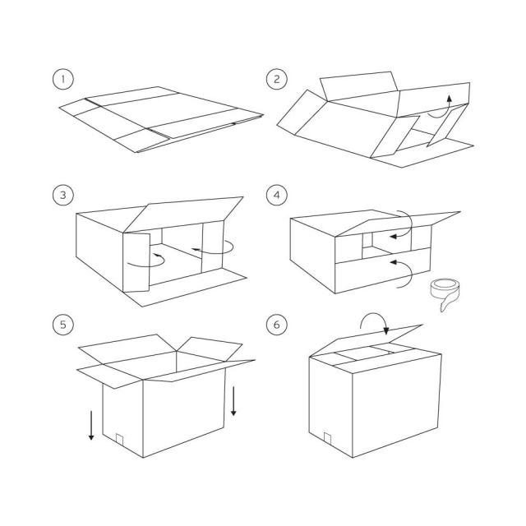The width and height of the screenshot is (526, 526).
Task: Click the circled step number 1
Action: [x=62, y=79]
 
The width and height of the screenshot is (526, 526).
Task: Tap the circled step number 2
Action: [x=276, y=79]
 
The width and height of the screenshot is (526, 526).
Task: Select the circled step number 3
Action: [x=62, y=195]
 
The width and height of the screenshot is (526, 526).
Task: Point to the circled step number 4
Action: [x=276, y=195]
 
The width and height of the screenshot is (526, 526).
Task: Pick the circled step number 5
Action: [x=62, y=325]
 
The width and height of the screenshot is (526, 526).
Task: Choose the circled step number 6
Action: [x=276, y=325]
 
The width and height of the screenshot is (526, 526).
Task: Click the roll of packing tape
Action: [x=445, y=291]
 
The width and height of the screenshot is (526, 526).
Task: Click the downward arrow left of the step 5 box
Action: [x=91, y=426]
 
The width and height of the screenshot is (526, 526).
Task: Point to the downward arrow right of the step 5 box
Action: [x=233, y=401]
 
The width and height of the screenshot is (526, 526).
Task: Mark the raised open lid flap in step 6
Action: [x=366, y=339]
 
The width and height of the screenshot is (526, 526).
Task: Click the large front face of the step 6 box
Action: [x=396, y=405]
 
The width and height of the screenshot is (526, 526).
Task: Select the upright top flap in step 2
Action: [x=359, y=86]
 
